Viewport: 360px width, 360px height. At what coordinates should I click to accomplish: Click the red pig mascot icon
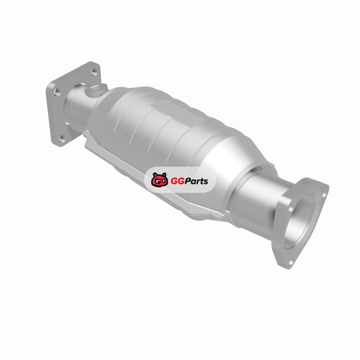tap(159, 179)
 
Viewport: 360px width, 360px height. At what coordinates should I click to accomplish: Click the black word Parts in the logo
tap(197, 181)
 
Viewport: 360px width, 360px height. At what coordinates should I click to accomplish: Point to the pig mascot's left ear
tap(155, 175)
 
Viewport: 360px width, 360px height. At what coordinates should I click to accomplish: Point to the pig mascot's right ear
tap(164, 175)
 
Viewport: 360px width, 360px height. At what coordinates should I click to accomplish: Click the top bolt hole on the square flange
tap(94, 72)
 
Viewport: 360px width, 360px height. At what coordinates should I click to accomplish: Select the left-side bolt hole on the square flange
tap(57, 92)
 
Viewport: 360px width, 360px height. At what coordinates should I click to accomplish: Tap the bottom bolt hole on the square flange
tap(62, 139)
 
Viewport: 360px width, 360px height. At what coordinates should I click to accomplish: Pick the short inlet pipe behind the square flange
tap(77, 108)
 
